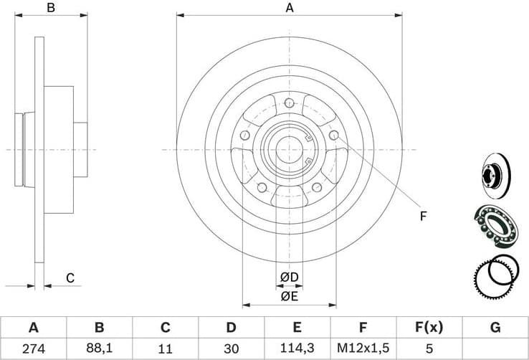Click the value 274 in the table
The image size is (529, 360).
[33, 349]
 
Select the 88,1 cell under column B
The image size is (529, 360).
[99, 349]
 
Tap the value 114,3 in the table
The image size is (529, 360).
[296, 349]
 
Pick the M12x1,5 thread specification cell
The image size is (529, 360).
[363, 349]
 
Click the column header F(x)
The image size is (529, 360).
[429, 328]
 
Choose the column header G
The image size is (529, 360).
[495, 328]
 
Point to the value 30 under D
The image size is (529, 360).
[231, 349]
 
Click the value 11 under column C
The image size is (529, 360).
[165, 349]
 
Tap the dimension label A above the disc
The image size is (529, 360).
[290, 8]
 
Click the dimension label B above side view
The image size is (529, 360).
[50, 8]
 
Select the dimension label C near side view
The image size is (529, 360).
[70, 278]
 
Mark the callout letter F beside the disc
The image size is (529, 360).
[423, 215]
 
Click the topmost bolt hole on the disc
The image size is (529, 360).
[289, 103]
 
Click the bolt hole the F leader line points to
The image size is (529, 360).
[333, 135]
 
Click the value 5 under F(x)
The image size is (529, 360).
[429, 349]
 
